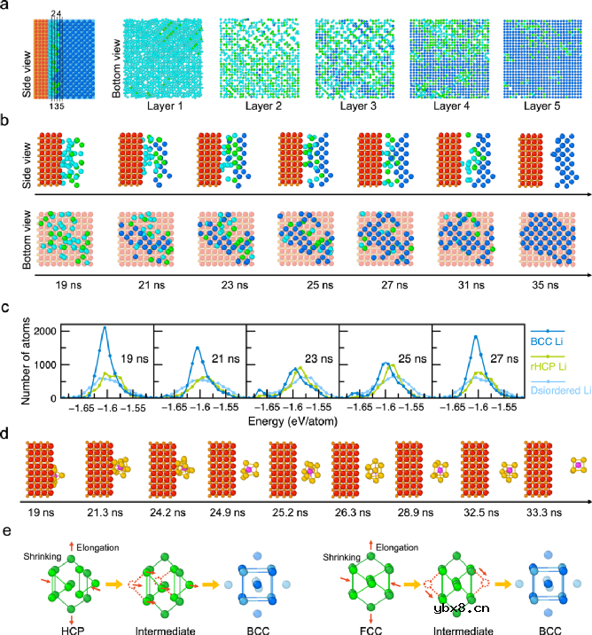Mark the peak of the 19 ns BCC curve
click(105, 327)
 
